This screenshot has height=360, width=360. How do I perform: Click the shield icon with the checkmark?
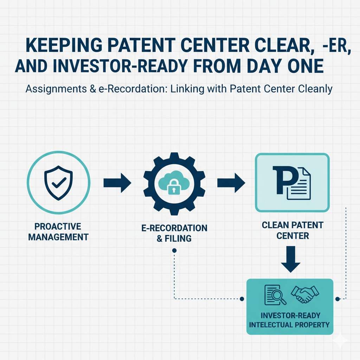click(58, 183)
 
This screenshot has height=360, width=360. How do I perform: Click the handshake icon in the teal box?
click(304, 294)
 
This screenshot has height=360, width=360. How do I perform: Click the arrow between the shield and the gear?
click(117, 183)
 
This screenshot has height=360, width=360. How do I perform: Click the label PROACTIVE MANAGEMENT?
click(58, 231)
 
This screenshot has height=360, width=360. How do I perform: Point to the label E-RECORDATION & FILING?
click(174, 233)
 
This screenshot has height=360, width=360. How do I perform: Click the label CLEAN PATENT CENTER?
click(292, 230)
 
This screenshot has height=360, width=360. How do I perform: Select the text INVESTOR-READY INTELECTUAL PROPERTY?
click(289, 319)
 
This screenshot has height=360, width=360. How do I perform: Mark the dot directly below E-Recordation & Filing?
click(174, 251)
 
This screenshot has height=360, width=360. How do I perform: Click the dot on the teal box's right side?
click(337, 299)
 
